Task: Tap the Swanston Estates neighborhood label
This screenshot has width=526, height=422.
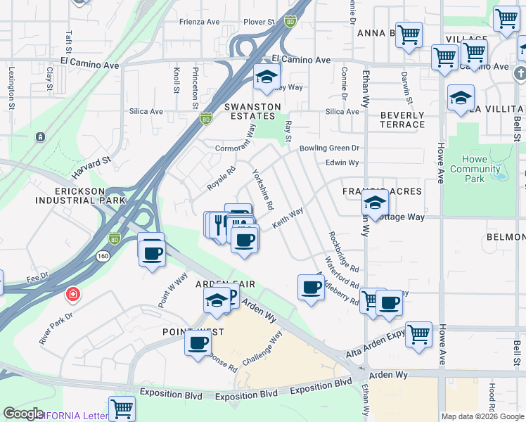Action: click(x=252, y=111)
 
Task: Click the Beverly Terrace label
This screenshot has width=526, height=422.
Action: click(x=402, y=120)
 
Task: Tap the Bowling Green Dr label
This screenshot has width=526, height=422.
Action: click(x=329, y=148)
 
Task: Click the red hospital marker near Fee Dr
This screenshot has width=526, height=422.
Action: click(x=72, y=293)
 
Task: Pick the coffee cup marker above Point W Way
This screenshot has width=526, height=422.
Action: click(x=151, y=252)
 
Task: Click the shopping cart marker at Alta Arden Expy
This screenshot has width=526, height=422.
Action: click(x=418, y=333)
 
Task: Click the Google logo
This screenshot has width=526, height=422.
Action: click(x=23, y=414)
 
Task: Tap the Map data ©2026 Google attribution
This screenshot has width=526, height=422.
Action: click(x=482, y=417)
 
